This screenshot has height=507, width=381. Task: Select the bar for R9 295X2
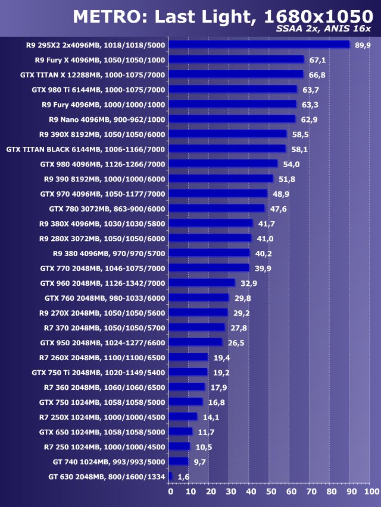click(x=260, y=45)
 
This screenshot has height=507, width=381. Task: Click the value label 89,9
click(x=362, y=45)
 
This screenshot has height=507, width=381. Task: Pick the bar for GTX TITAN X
click(x=236, y=74)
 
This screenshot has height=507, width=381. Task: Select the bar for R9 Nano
click(x=232, y=119)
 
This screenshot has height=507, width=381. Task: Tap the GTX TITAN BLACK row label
click(x=86, y=149)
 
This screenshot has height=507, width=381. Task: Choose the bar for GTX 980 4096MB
click(x=223, y=163)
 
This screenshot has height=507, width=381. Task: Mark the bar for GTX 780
click(x=217, y=208)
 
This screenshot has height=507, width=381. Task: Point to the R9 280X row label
click(x=102, y=238)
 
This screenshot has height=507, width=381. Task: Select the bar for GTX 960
click(x=202, y=283)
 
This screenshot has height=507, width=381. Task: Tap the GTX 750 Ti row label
click(x=98, y=372)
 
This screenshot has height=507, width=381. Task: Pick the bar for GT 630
click(x=170, y=476)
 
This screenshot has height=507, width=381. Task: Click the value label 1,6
click(x=184, y=477)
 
